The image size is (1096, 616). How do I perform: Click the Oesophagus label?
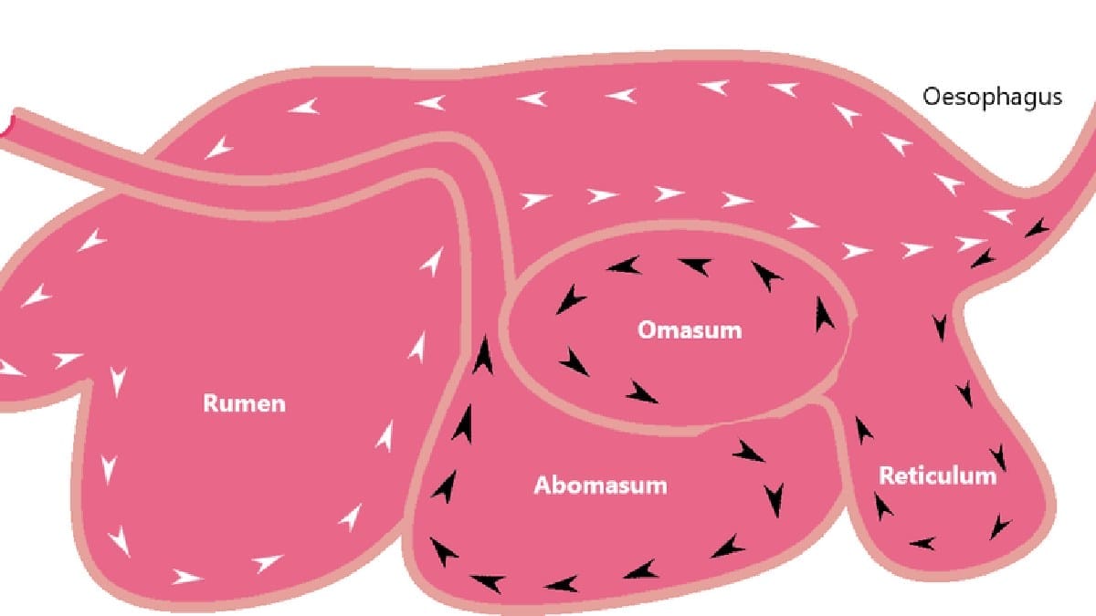(x=992, y=98)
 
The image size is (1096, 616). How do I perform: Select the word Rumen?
(x=244, y=403)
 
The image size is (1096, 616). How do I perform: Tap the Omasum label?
(x=690, y=330)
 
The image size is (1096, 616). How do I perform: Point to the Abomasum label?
(x=600, y=485)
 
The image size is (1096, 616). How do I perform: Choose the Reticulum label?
(x=938, y=475)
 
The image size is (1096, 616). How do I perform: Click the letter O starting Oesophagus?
(x=932, y=97)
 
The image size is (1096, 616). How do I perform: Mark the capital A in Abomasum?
(x=543, y=485)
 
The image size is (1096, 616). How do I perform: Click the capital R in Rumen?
(x=211, y=403)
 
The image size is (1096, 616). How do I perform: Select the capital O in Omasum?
(x=647, y=330)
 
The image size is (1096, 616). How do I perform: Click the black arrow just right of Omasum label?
(x=824, y=315)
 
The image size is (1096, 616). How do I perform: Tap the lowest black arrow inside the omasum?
(x=641, y=392)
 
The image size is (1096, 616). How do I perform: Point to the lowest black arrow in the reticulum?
(x=922, y=543)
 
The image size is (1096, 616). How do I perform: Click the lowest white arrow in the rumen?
(x=187, y=577)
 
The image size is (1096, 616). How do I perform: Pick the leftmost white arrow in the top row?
(x=303, y=107)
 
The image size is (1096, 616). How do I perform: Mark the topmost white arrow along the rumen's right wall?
(x=433, y=262)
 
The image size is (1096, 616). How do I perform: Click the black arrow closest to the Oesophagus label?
(x=1038, y=228)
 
